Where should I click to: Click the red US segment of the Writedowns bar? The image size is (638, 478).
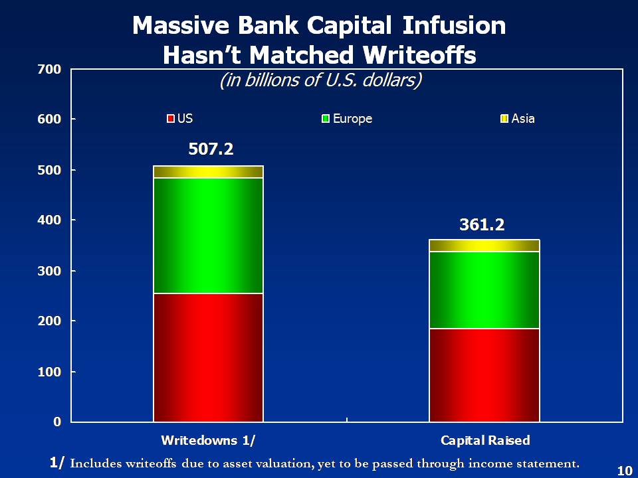[208, 357]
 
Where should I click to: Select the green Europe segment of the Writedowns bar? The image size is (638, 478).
[208, 235]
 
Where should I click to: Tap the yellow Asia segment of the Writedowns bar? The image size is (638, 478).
[208, 172]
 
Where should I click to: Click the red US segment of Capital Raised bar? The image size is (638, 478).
[484, 374]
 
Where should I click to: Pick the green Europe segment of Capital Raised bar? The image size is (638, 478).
[484, 289]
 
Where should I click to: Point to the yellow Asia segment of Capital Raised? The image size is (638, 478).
[484, 246]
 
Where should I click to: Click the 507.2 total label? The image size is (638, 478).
[211, 149]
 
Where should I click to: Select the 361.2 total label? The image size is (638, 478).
[482, 226]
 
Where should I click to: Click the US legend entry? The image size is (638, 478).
[180, 119]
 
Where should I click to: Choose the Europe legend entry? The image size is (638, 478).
[347, 119]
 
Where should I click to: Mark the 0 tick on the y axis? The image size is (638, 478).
[57, 422]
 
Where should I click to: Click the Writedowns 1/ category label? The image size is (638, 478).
[208, 440]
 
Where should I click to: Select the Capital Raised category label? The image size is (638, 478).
[485, 440]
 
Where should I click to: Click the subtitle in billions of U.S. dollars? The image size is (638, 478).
[321, 80]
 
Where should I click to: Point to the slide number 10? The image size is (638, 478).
[624, 471]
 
